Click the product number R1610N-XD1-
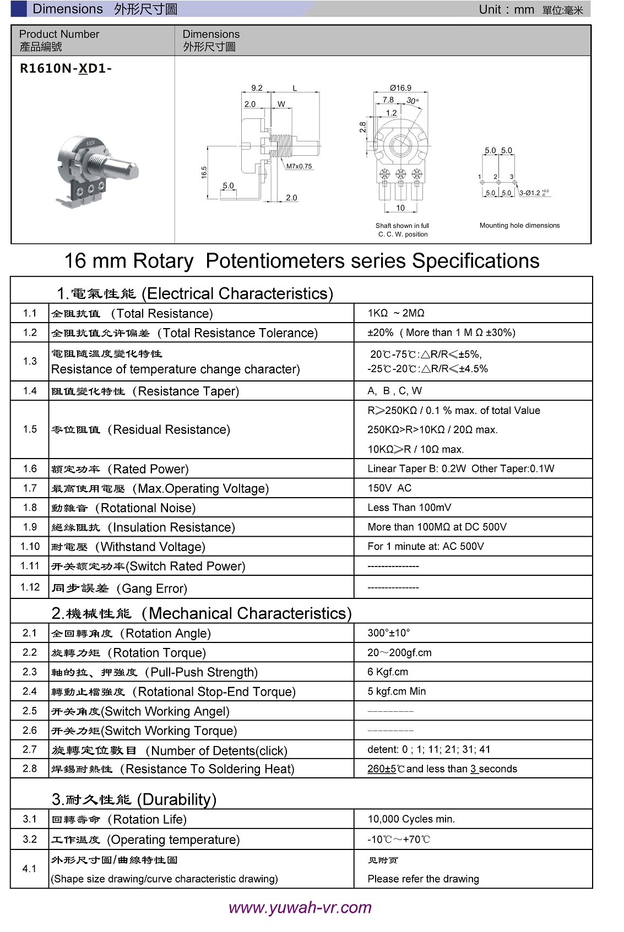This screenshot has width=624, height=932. [x=66, y=69]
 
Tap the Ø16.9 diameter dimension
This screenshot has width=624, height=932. [x=400, y=88]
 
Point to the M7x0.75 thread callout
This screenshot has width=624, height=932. [x=299, y=166]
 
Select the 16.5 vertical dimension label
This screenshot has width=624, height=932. [x=204, y=172]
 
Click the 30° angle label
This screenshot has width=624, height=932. [x=413, y=101]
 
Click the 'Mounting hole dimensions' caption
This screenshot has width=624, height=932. [x=519, y=226]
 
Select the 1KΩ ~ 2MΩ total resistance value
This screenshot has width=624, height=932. [x=396, y=313]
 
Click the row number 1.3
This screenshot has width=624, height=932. [x=30, y=361]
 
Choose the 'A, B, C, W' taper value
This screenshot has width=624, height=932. [x=394, y=391]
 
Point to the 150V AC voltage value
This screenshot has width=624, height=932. [x=389, y=488]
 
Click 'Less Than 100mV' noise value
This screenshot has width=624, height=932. [x=409, y=508]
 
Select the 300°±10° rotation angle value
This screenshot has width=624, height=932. [x=389, y=633]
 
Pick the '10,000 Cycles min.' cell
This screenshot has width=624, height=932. [x=411, y=819]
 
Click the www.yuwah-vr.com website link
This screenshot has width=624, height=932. [x=300, y=907]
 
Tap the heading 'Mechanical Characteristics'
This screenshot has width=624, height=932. [x=249, y=613]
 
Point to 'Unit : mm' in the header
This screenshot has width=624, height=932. [x=506, y=9]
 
